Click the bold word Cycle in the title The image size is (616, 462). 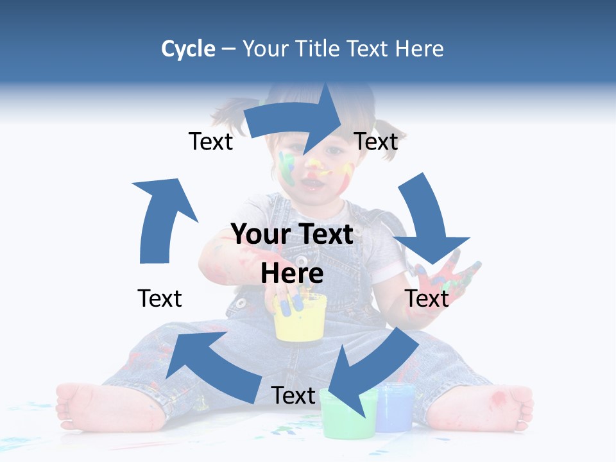188,49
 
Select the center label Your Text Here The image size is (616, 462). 293,253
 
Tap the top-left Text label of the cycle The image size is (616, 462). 210,141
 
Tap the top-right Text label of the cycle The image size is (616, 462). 376,141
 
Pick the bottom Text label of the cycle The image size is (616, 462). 293,395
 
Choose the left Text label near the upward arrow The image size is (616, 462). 160,298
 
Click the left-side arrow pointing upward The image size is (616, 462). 160,218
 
